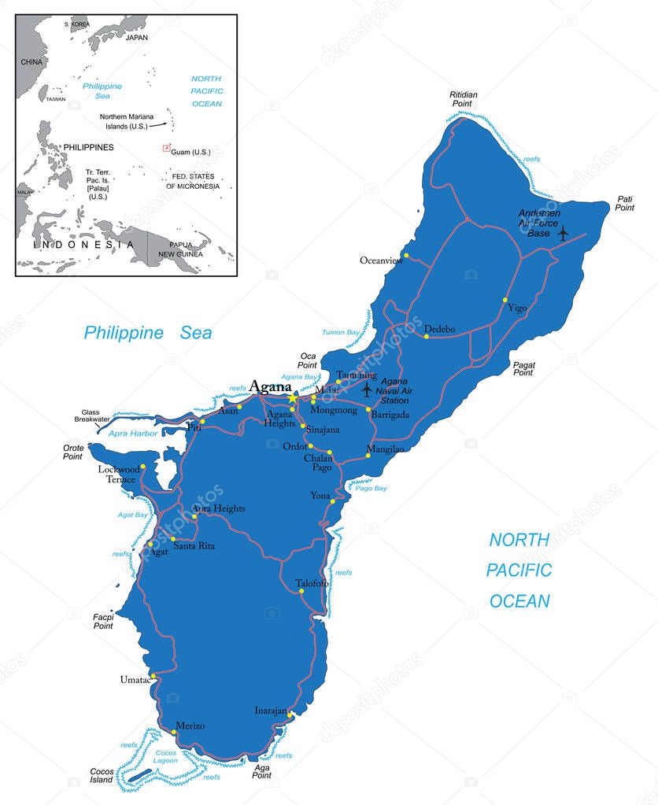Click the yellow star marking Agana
click(x=293, y=399)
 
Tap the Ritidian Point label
click(x=464, y=99)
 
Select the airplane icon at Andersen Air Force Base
click(x=563, y=232)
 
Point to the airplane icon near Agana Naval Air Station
click(x=367, y=389)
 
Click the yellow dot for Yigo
click(x=505, y=300)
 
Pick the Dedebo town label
click(x=439, y=329)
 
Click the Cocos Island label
click(x=102, y=776)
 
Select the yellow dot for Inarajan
click(x=290, y=715)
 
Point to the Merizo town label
click(x=190, y=726)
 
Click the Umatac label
click(x=135, y=679)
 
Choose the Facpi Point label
click(x=103, y=621)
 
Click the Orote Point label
click(x=73, y=452)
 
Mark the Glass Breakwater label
click(x=95, y=415)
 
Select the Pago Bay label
click(x=372, y=489)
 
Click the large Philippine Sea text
click(x=148, y=333)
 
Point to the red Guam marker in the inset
click(x=166, y=147)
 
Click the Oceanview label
click(x=381, y=260)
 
